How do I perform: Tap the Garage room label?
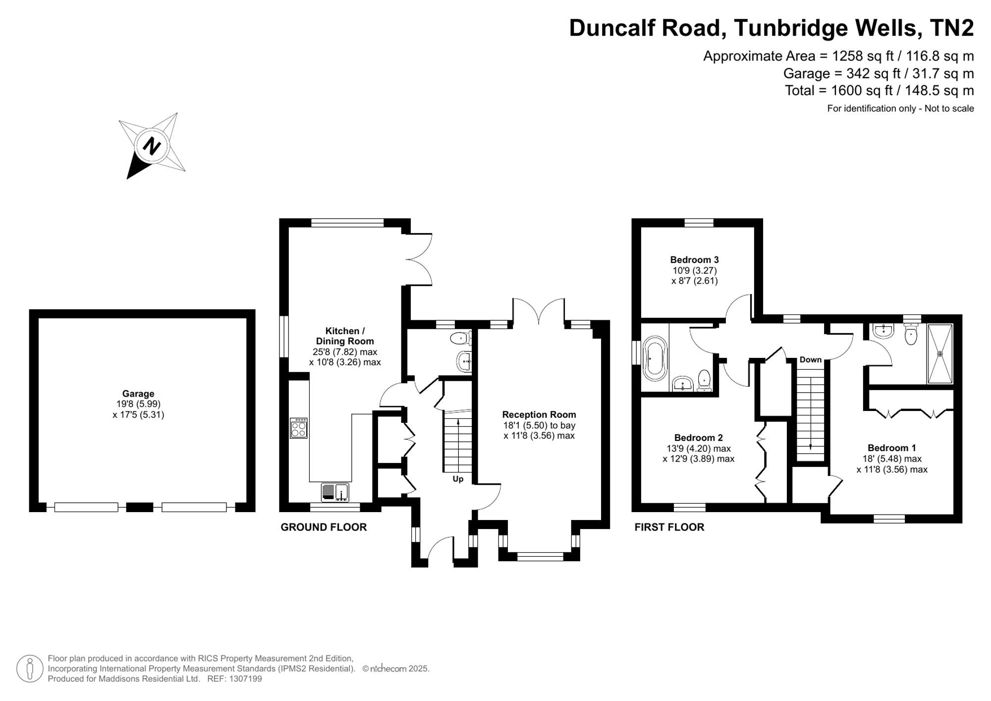(x=138, y=394)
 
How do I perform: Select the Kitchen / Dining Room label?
(x=345, y=336)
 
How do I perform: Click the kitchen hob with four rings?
(x=299, y=428)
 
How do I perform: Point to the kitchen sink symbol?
(x=335, y=492)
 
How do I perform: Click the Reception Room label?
(x=539, y=414)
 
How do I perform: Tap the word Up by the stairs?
(x=458, y=479)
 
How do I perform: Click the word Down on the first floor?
(x=811, y=359)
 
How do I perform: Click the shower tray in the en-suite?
(x=940, y=353)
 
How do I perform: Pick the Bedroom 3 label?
(x=694, y=260)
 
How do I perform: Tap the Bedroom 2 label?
(x=698, y=438)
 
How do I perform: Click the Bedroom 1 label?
(x=892, y=448)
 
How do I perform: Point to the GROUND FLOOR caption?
(x=324, y=527)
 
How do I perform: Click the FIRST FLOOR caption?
(x=669, y=527)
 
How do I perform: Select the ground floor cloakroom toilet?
(x=461, y=339)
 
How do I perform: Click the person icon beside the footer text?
(x=30, y=668)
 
